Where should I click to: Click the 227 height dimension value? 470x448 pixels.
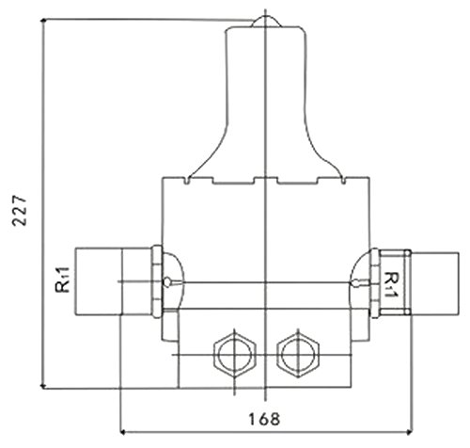click(19, 211)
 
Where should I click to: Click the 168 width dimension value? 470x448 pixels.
click(264, 419)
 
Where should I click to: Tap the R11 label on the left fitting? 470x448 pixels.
click(62, 280)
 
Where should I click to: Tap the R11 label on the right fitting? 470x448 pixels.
click(390, 284)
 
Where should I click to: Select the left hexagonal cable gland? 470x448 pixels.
click(235, 355)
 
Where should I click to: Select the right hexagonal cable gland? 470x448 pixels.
click(298, 355)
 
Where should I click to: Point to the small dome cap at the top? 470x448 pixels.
click(266, 22)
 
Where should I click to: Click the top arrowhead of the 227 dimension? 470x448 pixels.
click(44, 22)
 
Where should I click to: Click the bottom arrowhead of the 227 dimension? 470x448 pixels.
click(44, 386)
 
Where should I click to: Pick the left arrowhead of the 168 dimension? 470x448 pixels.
click(123, 432)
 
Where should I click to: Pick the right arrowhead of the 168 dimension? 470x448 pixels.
click(409, 432)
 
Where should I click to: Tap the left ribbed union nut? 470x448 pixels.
click(157, 281)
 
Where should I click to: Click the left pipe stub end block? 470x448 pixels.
click(98, 281)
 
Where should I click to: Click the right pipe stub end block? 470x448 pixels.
click(435, 283)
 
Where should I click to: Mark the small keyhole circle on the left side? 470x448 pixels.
click(168, 281)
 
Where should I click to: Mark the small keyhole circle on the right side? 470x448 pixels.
click(355, 281)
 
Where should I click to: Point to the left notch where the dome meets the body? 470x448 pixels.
click(187, 181)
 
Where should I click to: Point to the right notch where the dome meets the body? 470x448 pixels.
click(343, 181)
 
